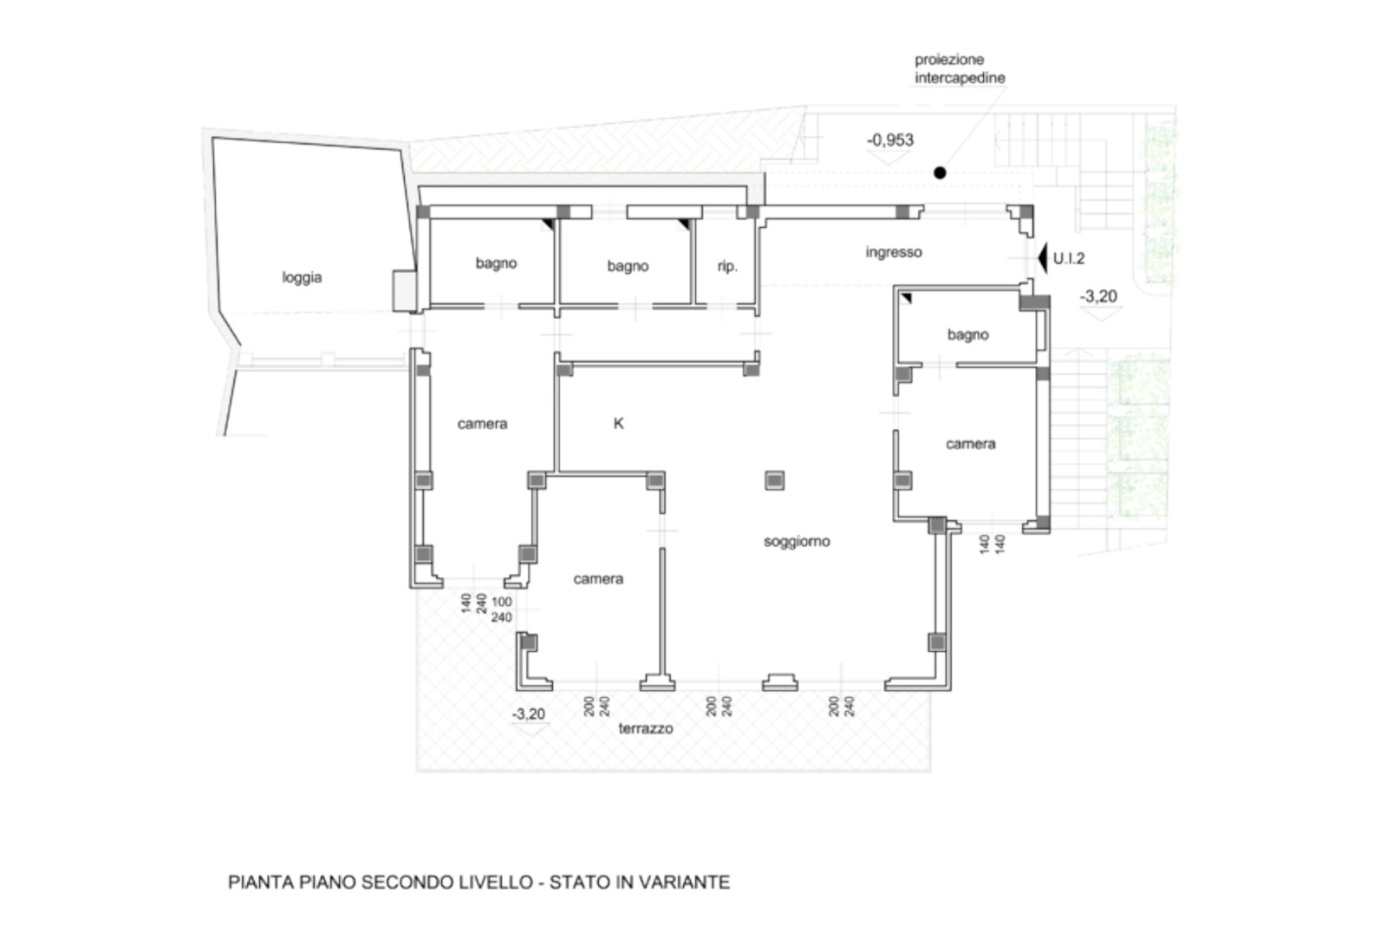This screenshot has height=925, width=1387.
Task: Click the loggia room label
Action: pyautogui.click(x=302, y=277)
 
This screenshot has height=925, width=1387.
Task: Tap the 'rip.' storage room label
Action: pyautogui.click(x=727, y=266)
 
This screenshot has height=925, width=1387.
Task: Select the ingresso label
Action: pyautogui.click(x=894, y=252)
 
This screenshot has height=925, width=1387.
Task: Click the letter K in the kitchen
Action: pyautogui.click(x=619, y=424)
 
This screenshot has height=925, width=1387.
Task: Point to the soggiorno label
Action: pyautogui.click(x=797, y=542)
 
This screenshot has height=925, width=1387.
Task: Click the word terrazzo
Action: pyautogui.click(x=646, y=729)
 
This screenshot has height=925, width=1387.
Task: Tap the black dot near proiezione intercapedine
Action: pyautogui.click(x=940, y=173)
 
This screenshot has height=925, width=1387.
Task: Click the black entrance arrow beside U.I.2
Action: pyautogui.click(x=1042, y=258)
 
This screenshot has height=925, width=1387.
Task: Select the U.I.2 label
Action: pyautogui.click(x=1069, y=258)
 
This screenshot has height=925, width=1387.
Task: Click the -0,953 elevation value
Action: pyautogui.click(x=889, y=140)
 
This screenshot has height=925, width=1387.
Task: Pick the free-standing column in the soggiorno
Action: pyautogui.click(x=775, y=480)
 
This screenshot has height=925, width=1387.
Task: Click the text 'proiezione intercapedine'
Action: pyautogui.click(x=960, y=68)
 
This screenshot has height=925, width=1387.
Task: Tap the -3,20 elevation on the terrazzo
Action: pyautogui.click(x=528, y=713)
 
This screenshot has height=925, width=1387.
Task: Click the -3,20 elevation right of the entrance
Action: pyautogui.click(x=1098, y=296)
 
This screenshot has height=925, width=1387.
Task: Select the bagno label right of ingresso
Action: pyautogui.click(x=967, y=335)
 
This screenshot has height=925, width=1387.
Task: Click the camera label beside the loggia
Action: pyautogui.click(x=482, y=424)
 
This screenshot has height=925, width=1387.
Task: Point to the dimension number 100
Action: pyautogui.click(x=502, y=602)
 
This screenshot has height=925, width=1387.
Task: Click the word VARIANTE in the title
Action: pyautogui.click(x=684, y=882)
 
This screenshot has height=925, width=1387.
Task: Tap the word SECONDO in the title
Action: pyautogui.click(x=407, y=882)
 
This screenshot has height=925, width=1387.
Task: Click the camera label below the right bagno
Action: pyautogui.click(x=970, y=444)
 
